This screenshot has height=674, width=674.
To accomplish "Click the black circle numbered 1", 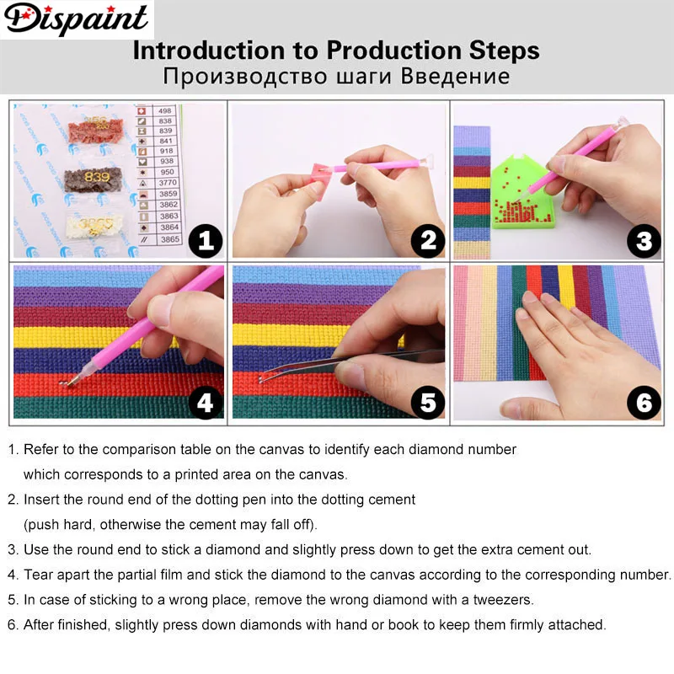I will [x=204, y=243].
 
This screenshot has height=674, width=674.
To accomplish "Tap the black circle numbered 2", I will [x=427, y=243].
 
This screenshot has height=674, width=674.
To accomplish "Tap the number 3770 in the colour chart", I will [x=169, y=180].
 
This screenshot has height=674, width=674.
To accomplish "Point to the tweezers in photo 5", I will [x=371, y=358].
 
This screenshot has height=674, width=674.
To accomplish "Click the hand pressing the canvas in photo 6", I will [x=573, y=337].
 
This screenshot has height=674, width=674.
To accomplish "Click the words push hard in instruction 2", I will [x=57, y=525].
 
